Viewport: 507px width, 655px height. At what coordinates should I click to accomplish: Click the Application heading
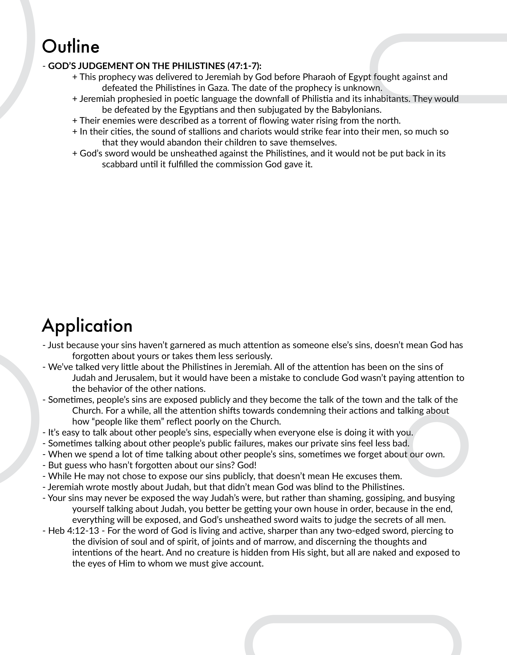[x=87, y=326]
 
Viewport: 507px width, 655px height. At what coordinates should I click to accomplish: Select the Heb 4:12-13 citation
[x=74, y=530]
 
